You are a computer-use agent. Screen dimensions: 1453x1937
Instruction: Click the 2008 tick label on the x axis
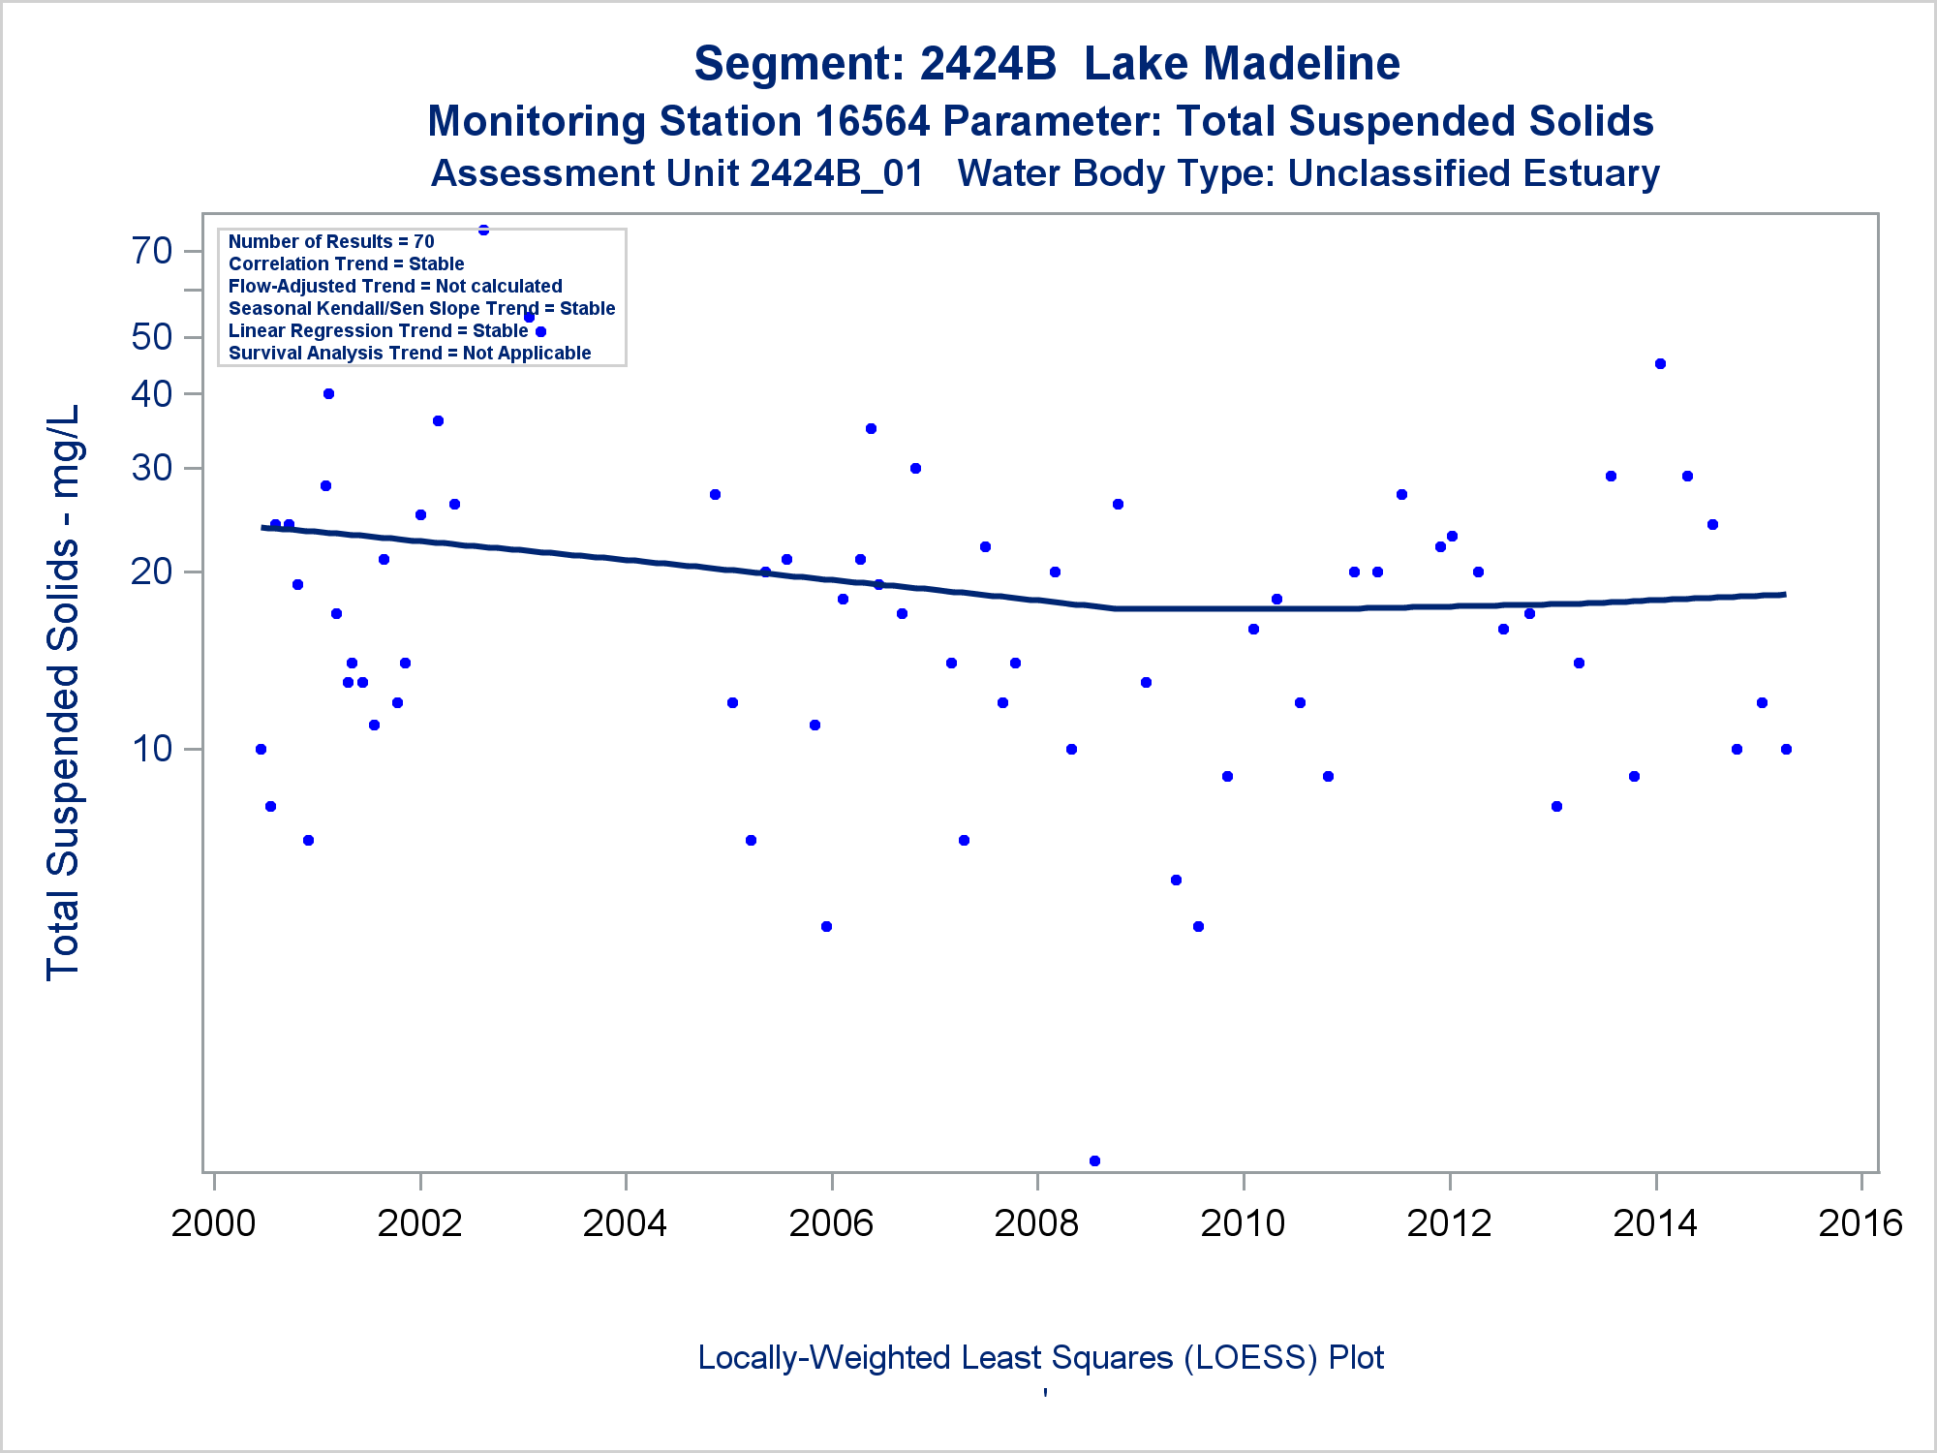tap(1036, 1223)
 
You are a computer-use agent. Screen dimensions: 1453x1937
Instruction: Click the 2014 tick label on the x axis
tap(1655, 1223)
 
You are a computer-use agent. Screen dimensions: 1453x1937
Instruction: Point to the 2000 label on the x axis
tap(213, 1223)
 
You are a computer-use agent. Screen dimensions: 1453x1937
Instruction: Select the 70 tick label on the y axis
tap(152, 251)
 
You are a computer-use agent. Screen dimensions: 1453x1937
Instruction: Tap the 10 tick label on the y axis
tap(152, 749)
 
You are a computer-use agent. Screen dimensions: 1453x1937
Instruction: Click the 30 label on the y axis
tap(152, 469)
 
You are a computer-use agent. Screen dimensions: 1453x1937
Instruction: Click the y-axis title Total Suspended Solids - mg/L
tap(64, 693)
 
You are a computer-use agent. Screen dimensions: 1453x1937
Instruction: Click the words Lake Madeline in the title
tap(1242, 64)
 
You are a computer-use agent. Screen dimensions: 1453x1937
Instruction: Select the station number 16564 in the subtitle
tap(872, 122)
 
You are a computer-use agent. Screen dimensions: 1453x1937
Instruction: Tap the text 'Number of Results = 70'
tap(331, 241)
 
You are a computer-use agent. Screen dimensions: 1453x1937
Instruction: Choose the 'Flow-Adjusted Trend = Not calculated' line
tap(395, 286)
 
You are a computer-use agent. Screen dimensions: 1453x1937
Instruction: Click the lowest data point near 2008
tap(1094, 1160)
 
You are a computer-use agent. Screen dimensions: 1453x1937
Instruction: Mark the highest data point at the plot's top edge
tap(483, 230)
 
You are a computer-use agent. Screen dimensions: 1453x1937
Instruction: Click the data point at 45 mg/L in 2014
tap(1660, 364)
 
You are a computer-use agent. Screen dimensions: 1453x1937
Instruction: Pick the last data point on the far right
tap(1786, 749)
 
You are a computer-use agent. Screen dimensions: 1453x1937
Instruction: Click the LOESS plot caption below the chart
tap(1040, 1357)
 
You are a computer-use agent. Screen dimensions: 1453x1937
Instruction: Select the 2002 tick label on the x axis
tap(419, 1223)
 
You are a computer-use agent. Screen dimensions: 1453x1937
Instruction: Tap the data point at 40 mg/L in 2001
tap(328, 393)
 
